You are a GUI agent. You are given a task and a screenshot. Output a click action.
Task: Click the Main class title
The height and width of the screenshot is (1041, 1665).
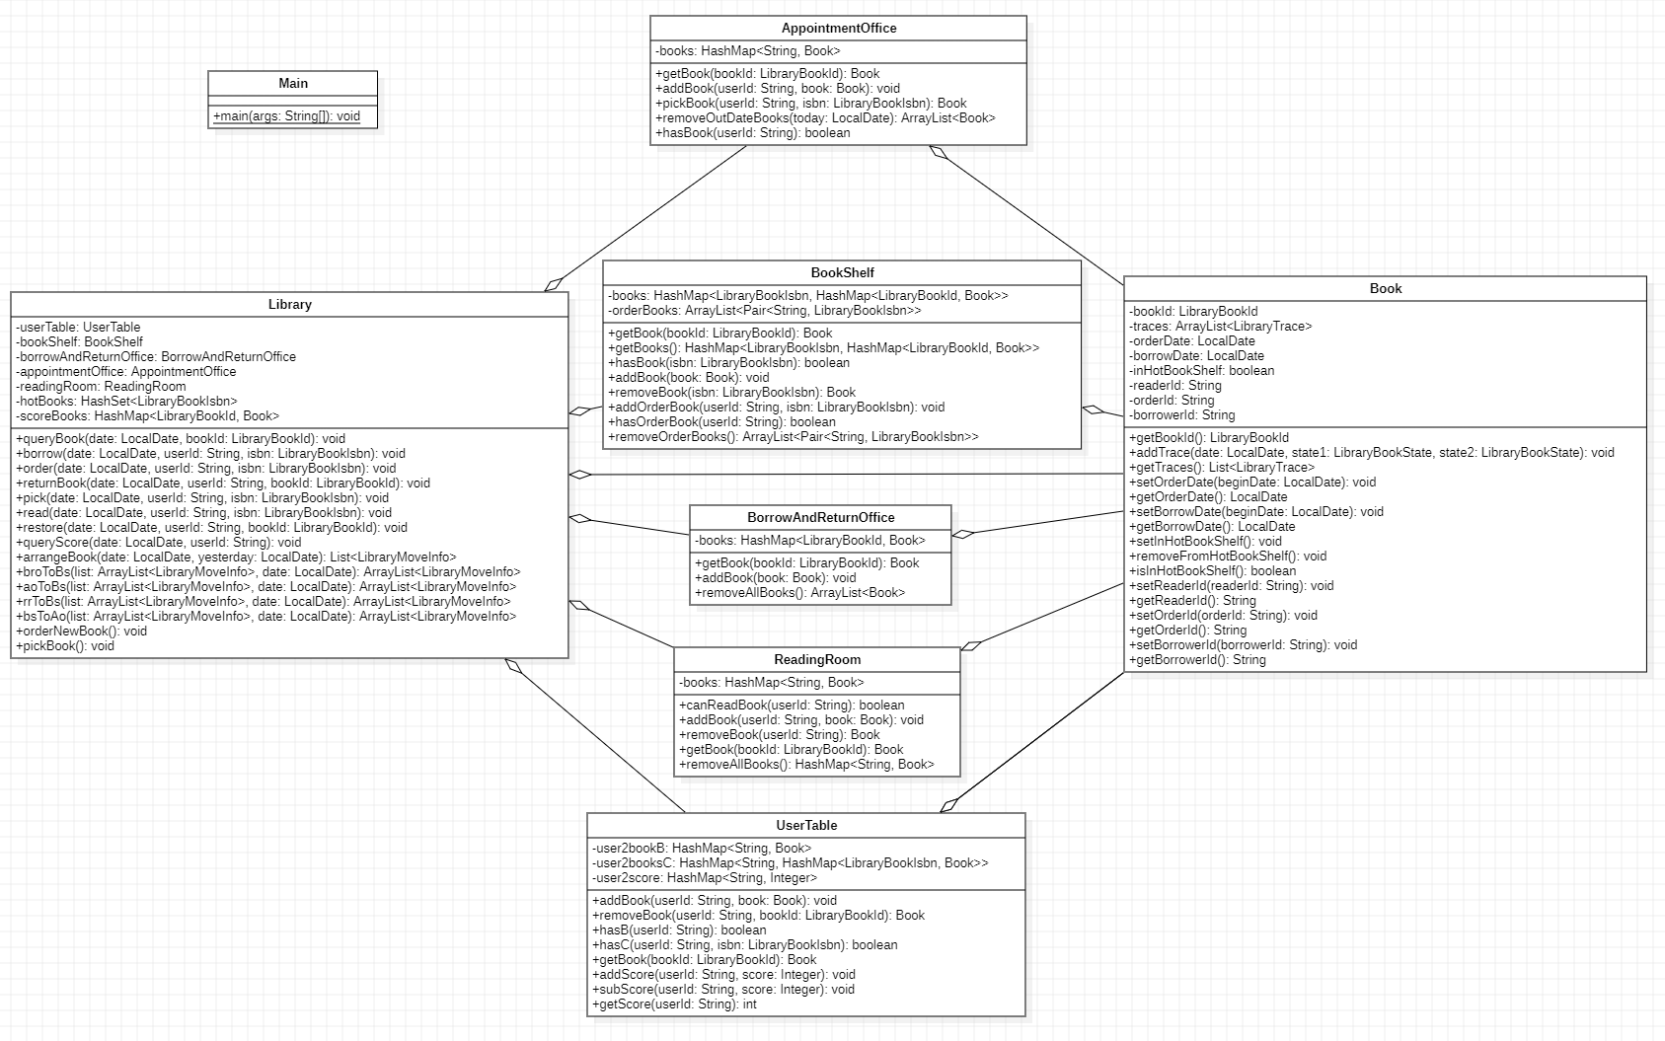point(293,84)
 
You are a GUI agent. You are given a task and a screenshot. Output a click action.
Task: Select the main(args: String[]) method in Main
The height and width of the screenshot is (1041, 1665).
point(286,116)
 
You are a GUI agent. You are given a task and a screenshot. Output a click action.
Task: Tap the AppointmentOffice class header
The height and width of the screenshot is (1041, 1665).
point(838,29)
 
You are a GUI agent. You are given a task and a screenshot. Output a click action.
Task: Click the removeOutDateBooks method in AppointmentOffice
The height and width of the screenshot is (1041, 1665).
point(825,118)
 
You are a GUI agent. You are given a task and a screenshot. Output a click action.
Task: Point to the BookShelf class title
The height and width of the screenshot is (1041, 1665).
point(842,273)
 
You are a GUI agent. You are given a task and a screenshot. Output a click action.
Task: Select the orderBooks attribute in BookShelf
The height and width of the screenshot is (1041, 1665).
point(765,311)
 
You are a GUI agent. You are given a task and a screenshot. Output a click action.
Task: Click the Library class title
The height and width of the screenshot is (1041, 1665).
point(289,305)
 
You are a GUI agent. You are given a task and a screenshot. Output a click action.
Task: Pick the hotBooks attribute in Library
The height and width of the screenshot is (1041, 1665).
point(126,402)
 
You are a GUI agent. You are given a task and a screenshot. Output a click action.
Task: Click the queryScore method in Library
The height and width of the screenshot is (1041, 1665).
point(159,543)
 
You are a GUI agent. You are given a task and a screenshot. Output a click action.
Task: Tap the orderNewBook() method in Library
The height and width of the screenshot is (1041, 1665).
point(81,632)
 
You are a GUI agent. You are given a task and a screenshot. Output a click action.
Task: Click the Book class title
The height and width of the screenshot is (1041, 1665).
point(1385,289)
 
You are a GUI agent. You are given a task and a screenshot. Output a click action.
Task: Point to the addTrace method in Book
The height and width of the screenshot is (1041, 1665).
point(1371,453)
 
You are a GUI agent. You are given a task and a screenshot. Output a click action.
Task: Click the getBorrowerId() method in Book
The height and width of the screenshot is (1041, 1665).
point(1197,660)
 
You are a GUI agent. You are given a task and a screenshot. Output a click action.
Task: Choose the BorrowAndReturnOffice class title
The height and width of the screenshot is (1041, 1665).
point(820,518)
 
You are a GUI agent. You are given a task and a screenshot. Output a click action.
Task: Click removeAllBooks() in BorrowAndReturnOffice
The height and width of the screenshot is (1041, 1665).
point(799,593)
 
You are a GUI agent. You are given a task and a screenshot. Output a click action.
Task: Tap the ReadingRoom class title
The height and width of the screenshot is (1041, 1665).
point(816,660)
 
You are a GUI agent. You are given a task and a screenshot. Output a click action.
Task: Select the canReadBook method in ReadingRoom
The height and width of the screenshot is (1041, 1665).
point(792,706)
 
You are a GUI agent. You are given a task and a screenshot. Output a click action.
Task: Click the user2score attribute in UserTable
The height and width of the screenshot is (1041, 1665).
point(705,878)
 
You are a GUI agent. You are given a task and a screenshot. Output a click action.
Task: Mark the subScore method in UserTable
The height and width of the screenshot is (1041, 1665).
point(723,990)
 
